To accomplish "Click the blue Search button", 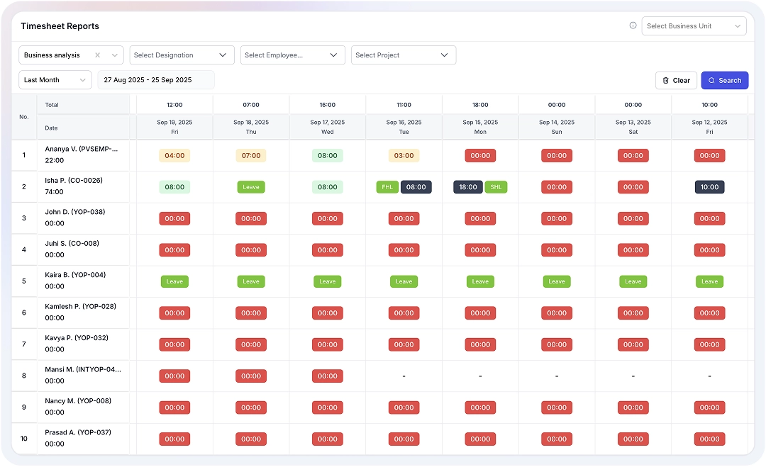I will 724,80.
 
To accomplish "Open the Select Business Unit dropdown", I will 694,26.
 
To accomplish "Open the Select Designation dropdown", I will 182,55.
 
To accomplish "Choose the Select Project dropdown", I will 403,55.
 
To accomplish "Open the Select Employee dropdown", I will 292,55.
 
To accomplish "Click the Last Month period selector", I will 55,80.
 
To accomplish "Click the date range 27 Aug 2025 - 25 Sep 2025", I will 155,80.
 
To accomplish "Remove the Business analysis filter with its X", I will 98,55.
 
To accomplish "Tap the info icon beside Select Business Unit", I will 633,26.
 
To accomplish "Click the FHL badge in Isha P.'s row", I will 387,187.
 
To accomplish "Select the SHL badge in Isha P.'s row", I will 496,187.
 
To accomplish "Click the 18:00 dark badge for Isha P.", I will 468,187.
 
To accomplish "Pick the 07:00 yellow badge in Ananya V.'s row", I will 251,155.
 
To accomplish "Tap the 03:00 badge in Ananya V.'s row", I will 404,155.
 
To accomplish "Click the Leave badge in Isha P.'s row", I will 251,187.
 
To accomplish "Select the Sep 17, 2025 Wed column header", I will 327,127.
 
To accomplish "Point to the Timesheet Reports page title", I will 60,26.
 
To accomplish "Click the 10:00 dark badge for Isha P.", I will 709,187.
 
